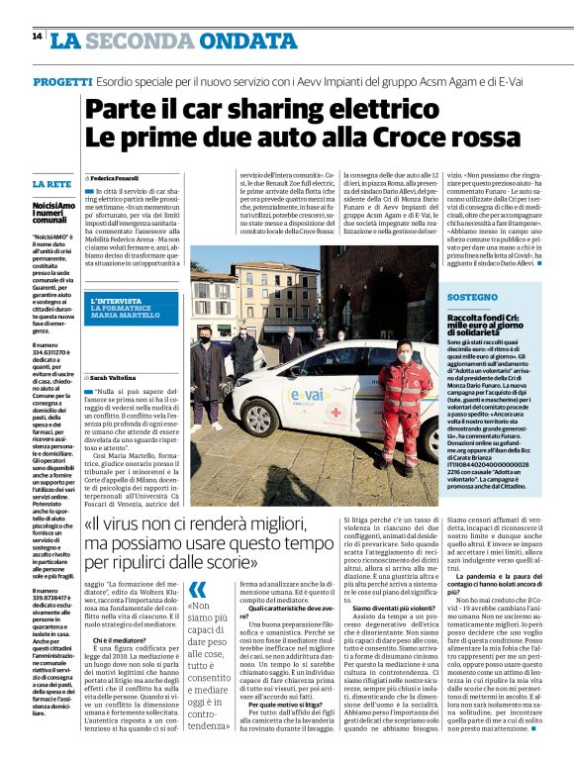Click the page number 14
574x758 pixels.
point(37,36)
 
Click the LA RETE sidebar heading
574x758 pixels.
point(50,185)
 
